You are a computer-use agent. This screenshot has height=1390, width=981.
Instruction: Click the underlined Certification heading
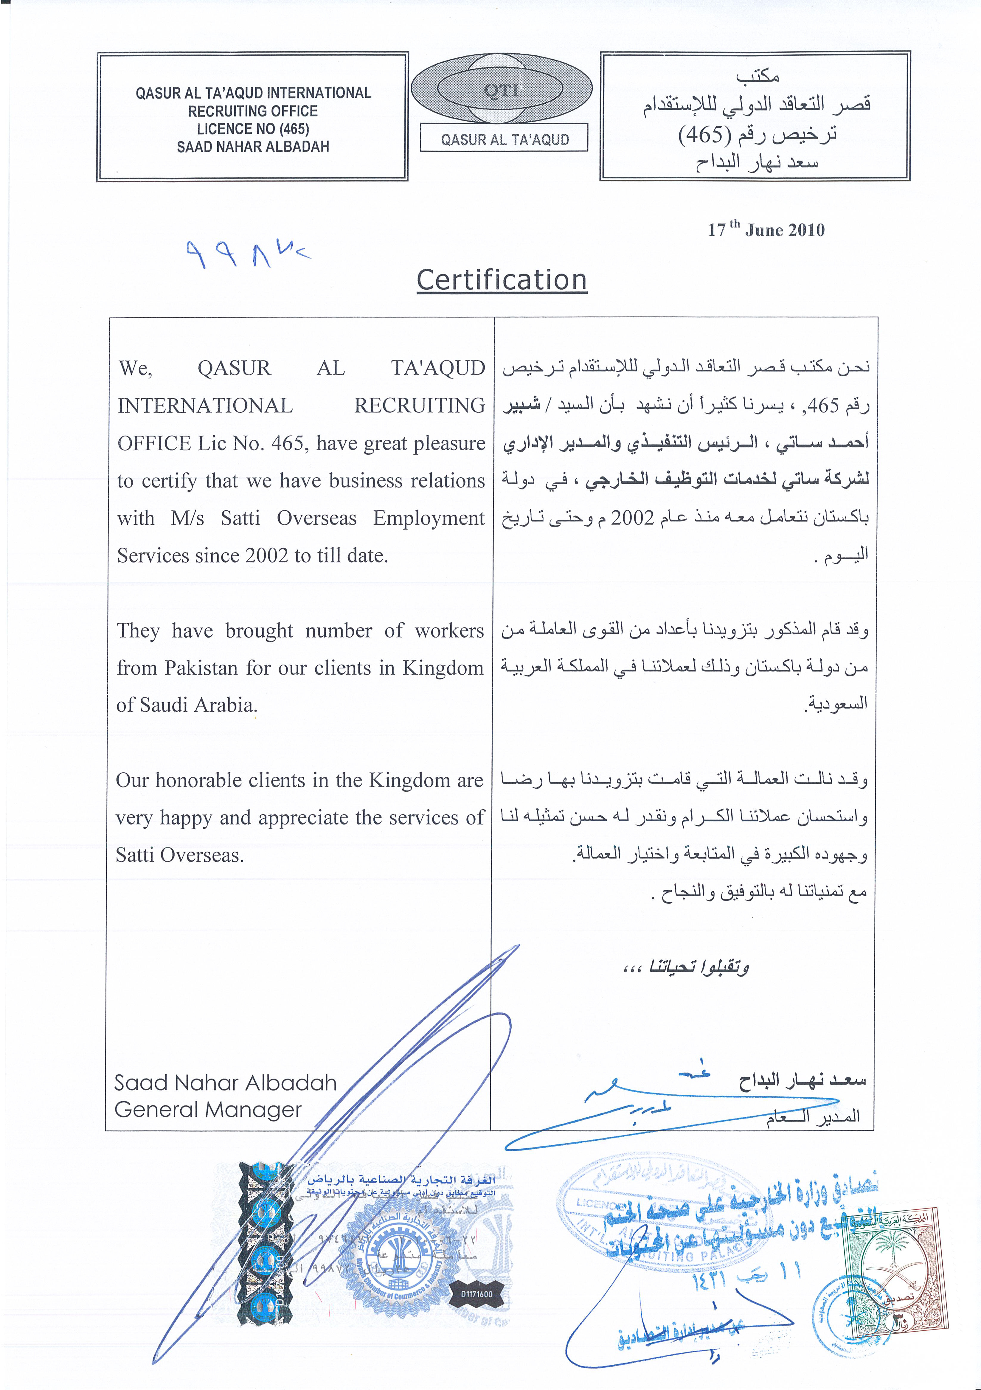coord(502,280)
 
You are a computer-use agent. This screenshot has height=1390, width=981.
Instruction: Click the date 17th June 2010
coord(766,229)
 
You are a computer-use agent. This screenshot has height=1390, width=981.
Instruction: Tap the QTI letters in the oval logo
coord(502,90)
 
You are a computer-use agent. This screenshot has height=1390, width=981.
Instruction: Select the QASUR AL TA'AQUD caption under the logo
coord(505,140)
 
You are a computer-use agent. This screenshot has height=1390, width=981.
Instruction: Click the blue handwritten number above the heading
coord(245,253)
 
